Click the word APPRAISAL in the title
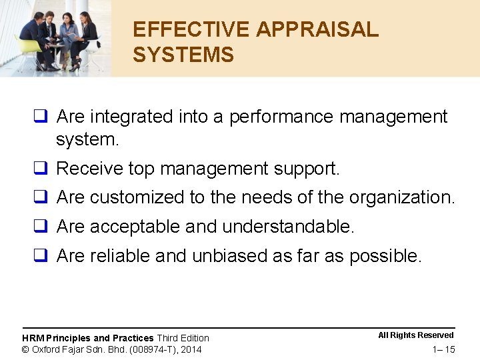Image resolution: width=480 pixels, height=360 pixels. click(317, 30)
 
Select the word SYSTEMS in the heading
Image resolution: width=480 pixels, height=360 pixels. click(183, 55)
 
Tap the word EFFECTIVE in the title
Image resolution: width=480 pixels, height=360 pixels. click(191, 30)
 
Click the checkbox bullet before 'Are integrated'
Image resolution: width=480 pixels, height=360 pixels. click(41, 117)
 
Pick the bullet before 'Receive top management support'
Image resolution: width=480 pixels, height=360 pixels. click(41, 169)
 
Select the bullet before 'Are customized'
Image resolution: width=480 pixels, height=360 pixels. click(41, 197)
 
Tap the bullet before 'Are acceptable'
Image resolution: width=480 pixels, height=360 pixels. click(41, 227)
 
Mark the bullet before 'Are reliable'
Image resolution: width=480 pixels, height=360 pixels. click(41, 255)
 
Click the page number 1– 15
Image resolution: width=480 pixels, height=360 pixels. click(443, 349)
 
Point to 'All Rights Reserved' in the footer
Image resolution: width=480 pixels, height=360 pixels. click(416, 335)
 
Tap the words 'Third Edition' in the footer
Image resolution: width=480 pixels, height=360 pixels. click(183, 338)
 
